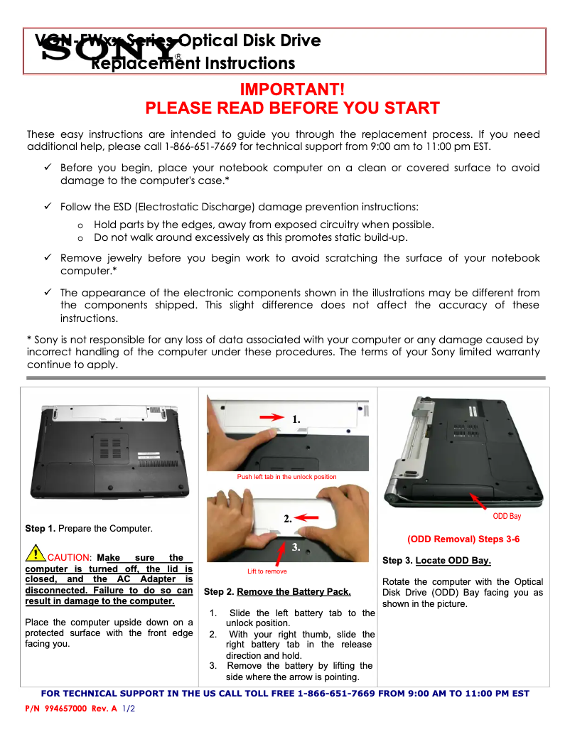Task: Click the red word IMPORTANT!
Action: [x=292, y=90]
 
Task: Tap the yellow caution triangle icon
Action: [x=35, y=553]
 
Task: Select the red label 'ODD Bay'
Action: [x=507, y=516]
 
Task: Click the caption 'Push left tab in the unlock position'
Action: [x=286, y=477]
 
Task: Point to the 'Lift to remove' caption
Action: [x=267, y=571]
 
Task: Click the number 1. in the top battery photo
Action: [x=296, y=420]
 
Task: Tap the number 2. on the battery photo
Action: [x=288, y=519]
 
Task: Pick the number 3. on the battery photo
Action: [x=296, y=547]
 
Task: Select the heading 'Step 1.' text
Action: [x=41, y=529]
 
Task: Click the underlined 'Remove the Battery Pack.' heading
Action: [x=294, y=591]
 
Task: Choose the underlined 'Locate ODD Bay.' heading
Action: [x=453, y=561]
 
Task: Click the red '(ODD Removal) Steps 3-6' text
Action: [x=463, y=539]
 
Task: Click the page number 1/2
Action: [x=129, y=709]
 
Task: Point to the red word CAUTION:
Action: [x=70, y=558]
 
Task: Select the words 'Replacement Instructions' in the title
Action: [x=193, y=64]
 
